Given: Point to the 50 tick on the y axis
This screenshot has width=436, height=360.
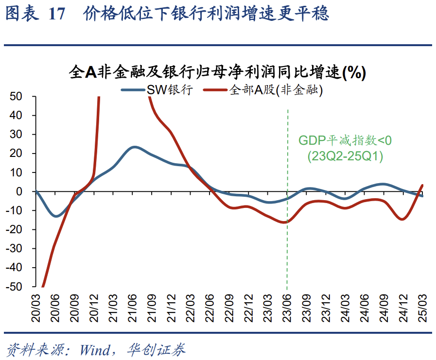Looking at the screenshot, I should click(x=17, y=97).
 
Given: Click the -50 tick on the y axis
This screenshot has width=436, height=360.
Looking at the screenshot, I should click(x=15, y=287).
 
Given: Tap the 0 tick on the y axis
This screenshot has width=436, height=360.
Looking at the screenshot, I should click(x=20, y=191).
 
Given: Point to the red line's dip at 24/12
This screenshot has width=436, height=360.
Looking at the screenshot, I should click(x=402, y=220).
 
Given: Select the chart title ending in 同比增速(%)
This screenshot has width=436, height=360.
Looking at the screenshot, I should click(x=217, y=72).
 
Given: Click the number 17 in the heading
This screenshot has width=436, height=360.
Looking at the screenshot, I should click(x=57, y=15).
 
